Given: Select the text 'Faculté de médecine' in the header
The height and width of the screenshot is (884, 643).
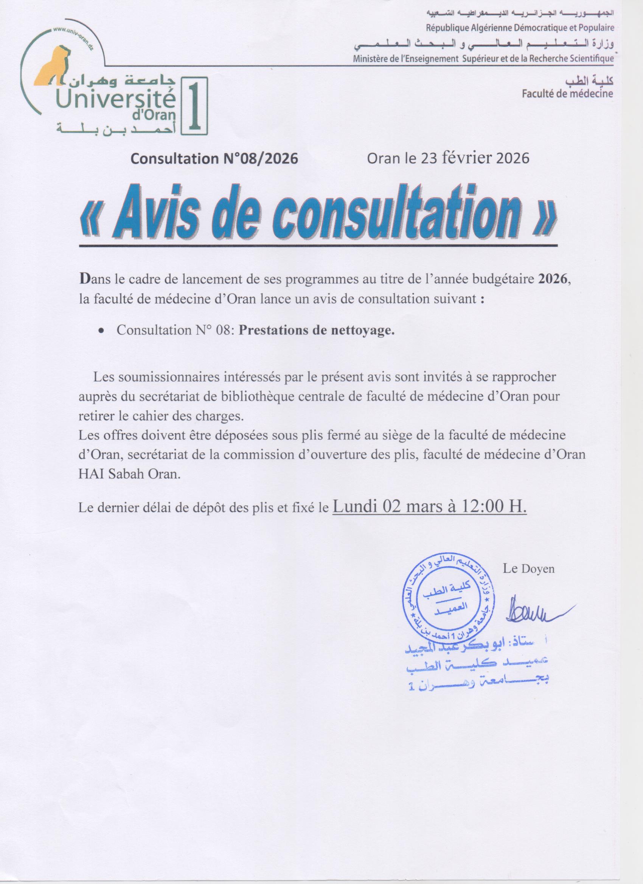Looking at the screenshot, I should pos(567,94).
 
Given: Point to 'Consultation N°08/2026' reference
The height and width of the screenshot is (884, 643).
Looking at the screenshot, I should pos(214,159).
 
